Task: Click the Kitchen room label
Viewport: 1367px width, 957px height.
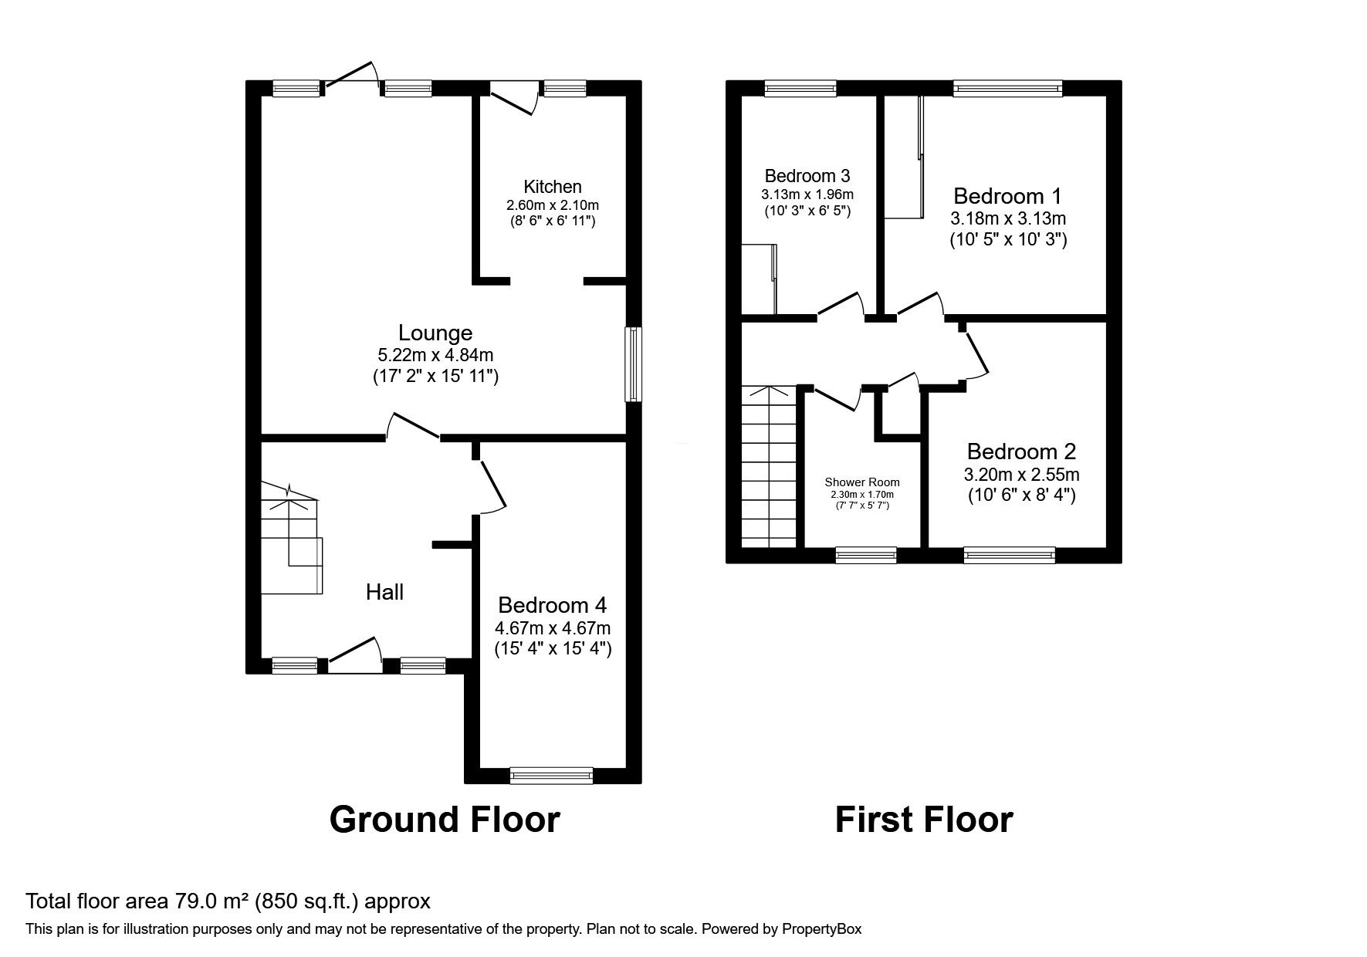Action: click(552, 187)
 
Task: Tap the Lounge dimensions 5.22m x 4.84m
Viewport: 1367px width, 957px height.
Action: click(435, 356)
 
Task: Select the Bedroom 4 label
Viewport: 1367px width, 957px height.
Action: click(552, 604)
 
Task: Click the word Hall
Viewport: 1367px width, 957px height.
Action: click(384, 593)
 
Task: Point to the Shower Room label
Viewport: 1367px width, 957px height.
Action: click(861, 482)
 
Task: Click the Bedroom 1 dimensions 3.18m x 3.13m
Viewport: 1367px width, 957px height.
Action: click(1008, 218)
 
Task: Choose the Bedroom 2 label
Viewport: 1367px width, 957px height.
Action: click(1020, 451)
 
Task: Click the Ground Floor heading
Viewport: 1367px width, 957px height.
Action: click(445, 820)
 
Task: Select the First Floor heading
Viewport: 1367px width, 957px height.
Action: click(923, 820)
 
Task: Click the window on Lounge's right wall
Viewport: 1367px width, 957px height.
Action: click(633, 364)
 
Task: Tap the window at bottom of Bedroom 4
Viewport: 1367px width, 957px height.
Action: click(551, 775)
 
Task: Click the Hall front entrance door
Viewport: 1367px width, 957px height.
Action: click(355, 653)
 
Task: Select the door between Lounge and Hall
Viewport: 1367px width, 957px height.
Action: click(413, 427)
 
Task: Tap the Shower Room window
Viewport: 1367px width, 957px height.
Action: click(866, 554)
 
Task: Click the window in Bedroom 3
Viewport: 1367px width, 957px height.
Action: click(800, 89)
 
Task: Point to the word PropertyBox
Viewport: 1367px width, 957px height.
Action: click(820, 929)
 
